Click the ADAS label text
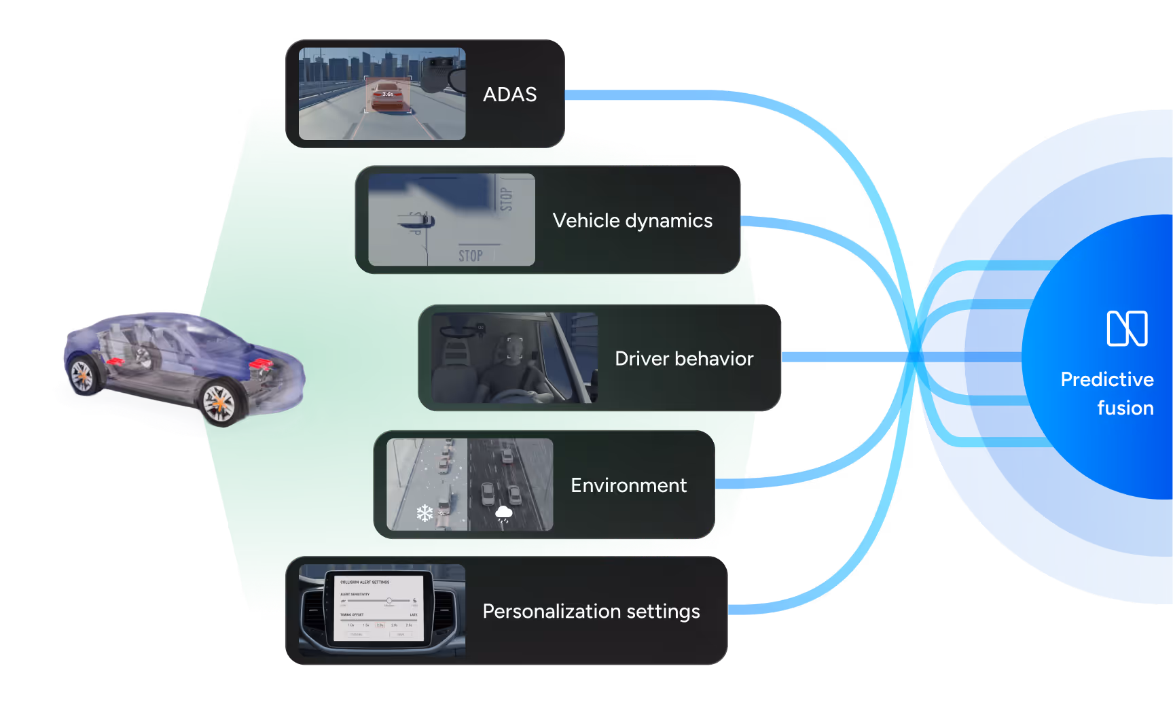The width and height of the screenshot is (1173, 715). point(509,94)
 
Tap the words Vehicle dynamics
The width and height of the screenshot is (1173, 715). point(632,221)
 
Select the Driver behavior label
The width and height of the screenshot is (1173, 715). point(684,359)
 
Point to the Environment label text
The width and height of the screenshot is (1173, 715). point(628,485)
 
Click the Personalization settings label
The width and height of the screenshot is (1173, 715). point(591,612)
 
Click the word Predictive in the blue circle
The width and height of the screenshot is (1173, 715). point(1107,379)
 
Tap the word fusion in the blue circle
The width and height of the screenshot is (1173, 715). point(1125,408)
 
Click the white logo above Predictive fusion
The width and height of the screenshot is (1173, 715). point(1127,328)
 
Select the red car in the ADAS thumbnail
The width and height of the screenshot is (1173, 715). point(388,97)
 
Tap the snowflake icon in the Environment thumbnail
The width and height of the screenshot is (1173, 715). point(425,513)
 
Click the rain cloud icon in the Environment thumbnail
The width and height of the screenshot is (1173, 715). point(504,513)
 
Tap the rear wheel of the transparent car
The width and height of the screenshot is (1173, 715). point(83,375)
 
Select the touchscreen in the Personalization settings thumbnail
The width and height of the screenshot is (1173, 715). point(379,608)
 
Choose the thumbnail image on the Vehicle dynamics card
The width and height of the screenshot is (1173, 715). point(451,220)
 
